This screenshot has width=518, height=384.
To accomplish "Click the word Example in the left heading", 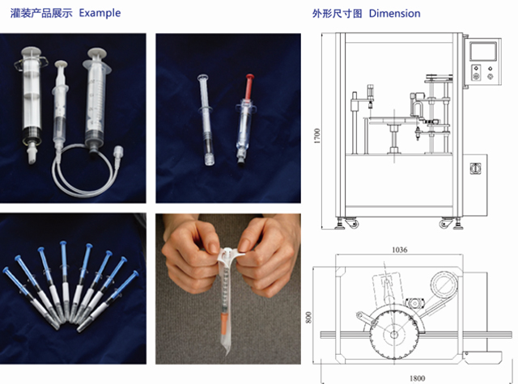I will click(100, 14).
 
